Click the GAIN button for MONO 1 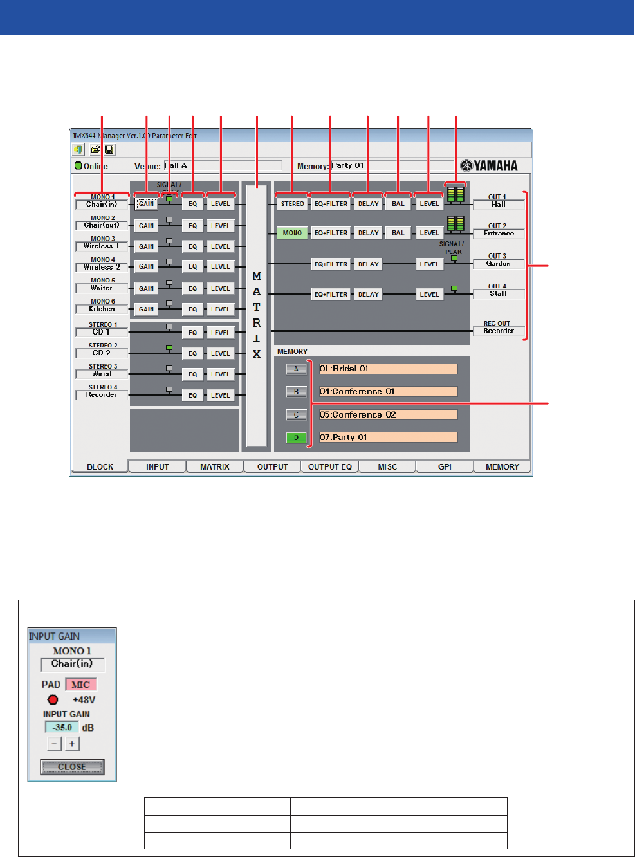point(147,204)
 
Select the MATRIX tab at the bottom point(214,466)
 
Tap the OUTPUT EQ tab point(329,466)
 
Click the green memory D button point(296,438)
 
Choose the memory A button point(296,369)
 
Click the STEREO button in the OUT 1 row point(292,204)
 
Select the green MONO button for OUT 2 point(292,233)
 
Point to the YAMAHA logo point(489,166)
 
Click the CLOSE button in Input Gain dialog point(72,767)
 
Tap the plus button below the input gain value point(72,744)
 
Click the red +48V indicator point(53,700)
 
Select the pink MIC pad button point(80,685)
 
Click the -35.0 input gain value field point(62,727)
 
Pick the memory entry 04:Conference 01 point(388,392)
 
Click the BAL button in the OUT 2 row point(398,233)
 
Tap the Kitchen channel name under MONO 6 point(102,309)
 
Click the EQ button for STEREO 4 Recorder point(192,395)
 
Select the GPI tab point(445,466)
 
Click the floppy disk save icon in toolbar point(109,150)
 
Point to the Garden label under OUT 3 point(499,264)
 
